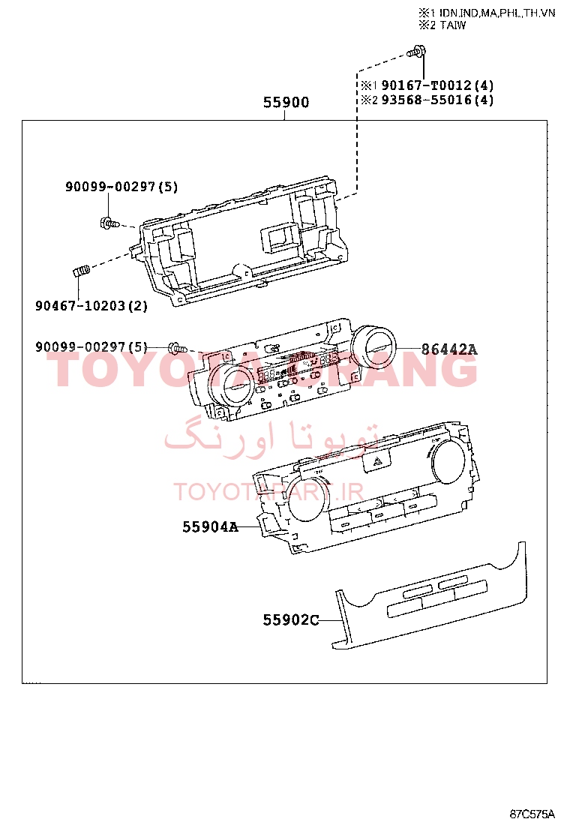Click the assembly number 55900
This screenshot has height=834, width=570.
coord(286,102)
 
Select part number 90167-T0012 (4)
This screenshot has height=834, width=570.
coord(437,85)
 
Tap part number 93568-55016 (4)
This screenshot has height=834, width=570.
coord(437,100)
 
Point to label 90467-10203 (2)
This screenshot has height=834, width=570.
coord(91,306)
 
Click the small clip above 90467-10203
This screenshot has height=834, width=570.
coord(81,271)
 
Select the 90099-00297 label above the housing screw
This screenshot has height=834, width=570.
coord(121,187)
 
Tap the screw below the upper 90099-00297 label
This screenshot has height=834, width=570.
coord(109,223)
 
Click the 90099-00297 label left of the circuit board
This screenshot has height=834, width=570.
coord(91,347)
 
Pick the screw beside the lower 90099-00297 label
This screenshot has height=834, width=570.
coord(178,349)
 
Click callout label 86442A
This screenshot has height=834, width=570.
coord(449,349)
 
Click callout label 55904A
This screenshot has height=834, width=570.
coord(211,526)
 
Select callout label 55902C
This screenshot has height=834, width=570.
coord(291,620)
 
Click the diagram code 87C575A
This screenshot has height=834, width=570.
coord(532,814)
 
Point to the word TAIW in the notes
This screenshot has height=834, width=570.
coord(453,25)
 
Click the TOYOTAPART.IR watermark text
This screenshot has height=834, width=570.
coord(268,492)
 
